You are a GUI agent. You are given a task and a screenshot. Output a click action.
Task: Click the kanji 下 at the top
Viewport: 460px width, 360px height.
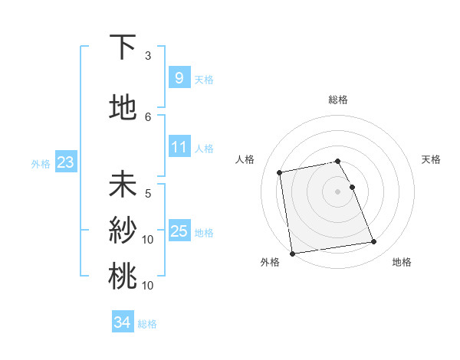pyautogui.click(x=123, y=49)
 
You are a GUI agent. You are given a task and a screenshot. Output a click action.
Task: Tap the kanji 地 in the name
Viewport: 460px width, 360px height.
pyautogui.click(x=123, y=108)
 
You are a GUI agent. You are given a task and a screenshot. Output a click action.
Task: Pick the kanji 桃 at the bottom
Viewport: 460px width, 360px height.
pyautogui.click(x=123, y=275)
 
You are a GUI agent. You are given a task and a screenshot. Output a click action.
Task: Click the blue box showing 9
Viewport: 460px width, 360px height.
pyautogui.click(x=179, y=77)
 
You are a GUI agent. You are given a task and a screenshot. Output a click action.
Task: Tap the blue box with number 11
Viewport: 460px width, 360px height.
pyautogui.click(x=179, y=146)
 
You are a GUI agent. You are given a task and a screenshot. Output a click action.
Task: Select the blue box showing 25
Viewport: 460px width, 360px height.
pyautogui.click(x=179, y=231)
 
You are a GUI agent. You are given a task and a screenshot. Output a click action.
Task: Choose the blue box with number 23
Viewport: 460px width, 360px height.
pyautogui.click(x=65, y=162)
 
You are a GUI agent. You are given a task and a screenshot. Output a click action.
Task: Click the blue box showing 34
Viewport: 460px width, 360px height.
pyautogui.click(x=122, y=322)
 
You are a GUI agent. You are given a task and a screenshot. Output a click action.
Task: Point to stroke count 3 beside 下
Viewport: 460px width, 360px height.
pyautogui.click(x=148, y=56)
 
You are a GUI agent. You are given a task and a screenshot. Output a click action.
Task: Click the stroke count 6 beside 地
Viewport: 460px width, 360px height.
pyautogui.click(x=148, y=116)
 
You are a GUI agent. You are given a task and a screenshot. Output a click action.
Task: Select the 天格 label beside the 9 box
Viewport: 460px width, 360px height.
pyautogui.click(x=204, y=79)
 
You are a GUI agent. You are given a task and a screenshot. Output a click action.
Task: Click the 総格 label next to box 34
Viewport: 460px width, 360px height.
pyautogui.click(x=147, y=324)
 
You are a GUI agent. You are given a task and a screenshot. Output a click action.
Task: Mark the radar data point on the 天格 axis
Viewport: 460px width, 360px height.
pyautogui.click(x=352, y=187)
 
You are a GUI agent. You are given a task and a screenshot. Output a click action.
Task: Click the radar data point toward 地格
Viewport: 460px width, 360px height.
pyautogui.click(x=373, y=243)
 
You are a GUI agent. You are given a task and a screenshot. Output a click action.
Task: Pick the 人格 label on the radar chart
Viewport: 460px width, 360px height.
pyautogui.click(x=245, y=159)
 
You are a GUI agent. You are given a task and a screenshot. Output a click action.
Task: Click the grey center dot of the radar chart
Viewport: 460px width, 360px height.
pyautogui.click(x=338, y=191)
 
